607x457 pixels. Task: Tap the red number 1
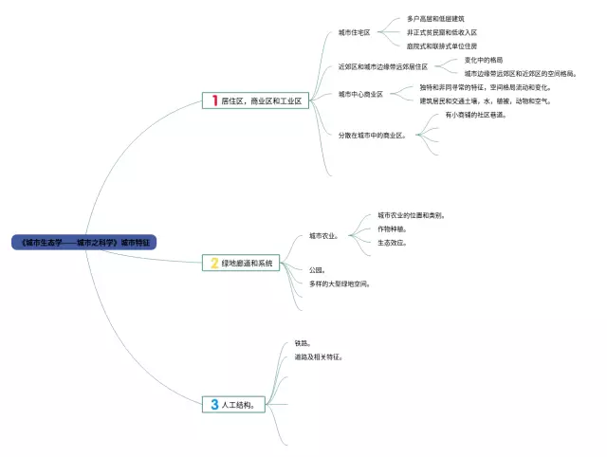[x=215, y=101]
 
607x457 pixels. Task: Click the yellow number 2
[x=214, y=264]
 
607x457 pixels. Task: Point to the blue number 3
[x=214, y=405]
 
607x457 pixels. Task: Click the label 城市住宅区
[x=355, y=32]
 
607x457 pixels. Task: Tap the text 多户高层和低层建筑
[x=435, y=18]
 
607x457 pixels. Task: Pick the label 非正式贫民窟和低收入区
[x=441, y=32]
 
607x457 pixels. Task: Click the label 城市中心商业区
[x=360, y=94]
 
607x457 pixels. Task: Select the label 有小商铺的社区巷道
[x=475, y=115]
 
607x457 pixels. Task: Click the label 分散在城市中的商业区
[x=373, y=136]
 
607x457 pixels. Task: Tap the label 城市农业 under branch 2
[x=323, y=235]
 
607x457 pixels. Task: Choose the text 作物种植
[x=392, y=228]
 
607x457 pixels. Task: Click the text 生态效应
[x=392, y=243]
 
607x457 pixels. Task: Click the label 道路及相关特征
[x=319, y=357]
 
